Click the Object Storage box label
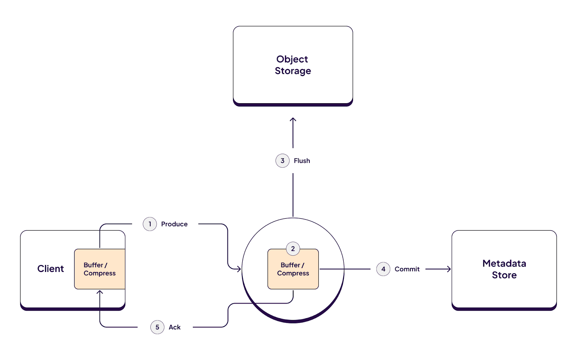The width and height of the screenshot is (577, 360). coord(292,65)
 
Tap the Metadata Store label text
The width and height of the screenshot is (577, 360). coord(504,269)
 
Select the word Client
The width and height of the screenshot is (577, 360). coord(50,269)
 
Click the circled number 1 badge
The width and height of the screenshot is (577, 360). coord(150,224)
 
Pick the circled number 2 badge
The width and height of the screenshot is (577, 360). coord(293,249)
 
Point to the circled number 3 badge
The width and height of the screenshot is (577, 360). coord(282,161)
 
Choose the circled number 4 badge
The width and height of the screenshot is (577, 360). coord(383,269)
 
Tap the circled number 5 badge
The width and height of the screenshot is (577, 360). coord(157,327)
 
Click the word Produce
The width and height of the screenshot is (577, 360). coord(174,224)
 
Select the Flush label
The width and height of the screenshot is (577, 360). coord(302,161)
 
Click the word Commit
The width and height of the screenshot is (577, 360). coord(407,269)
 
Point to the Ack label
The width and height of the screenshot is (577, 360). coord(175,327)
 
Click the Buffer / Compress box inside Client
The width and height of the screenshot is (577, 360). coord(100,269)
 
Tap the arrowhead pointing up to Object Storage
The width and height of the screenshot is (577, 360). coord(293,120)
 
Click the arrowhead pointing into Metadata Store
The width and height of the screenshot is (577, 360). coord(449,269)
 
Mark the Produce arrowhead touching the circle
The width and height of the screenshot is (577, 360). coord(238,269)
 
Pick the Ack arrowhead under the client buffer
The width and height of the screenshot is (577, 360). coord(100,292)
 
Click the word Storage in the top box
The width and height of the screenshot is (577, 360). coord(292,71)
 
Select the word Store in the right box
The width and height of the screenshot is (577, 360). coord(504,275)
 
